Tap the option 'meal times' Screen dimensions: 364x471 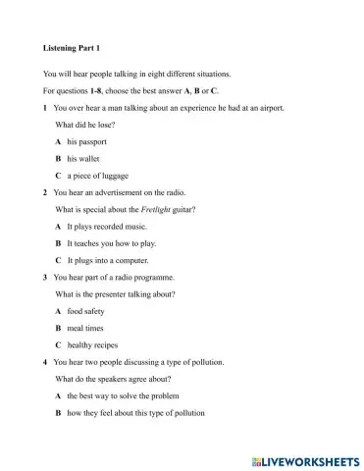(85, 328)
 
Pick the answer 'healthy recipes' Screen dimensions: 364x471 (93, 345)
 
